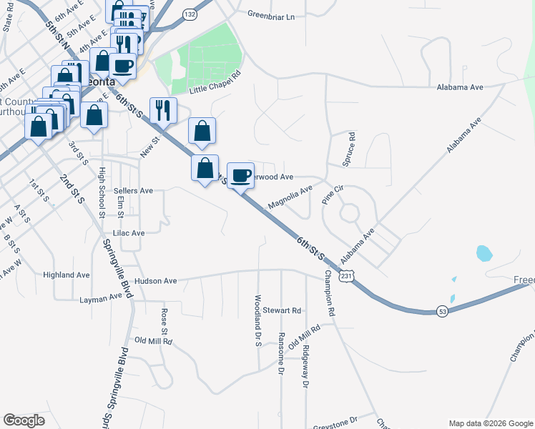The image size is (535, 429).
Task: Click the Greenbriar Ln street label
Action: pyautogui.click(x=270, y=15)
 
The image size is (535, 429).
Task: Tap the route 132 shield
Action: pyautogui.click(x=189, y=14)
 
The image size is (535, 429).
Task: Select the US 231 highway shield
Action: pyautogui.click(x=347, y=276)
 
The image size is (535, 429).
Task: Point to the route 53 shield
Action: pyautogui.click(x=443, y=311)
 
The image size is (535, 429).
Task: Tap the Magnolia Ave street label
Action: pyautogui.click(x=290, y=197)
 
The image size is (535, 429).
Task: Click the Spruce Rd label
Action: pyautogui.click(x=350, y=149)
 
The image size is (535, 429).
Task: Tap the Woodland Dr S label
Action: pyautogui.click(x=257, y=320)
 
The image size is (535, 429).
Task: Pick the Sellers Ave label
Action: pyautogui.click(x=133, y=191)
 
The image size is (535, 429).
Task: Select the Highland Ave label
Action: pyautogui.click(x=66, y=275)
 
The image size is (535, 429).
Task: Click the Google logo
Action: pyautogui.click(x=24, y=420)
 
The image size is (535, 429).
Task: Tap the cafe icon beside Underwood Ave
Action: pyautogui.click(x=241, y=175)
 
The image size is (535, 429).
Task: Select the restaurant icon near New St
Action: pyautogui.click(x=162, y=110)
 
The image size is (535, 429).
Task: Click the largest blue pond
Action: pyautogui.click(x=484, y=253)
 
